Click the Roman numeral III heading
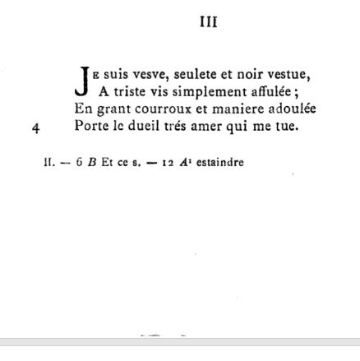[209, 22]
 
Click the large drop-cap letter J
[83, 81]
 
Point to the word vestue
[289, 72]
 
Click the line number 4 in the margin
[36, 127]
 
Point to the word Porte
[91, 127]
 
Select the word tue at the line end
[287, 127]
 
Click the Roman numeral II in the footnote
[48, 163]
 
